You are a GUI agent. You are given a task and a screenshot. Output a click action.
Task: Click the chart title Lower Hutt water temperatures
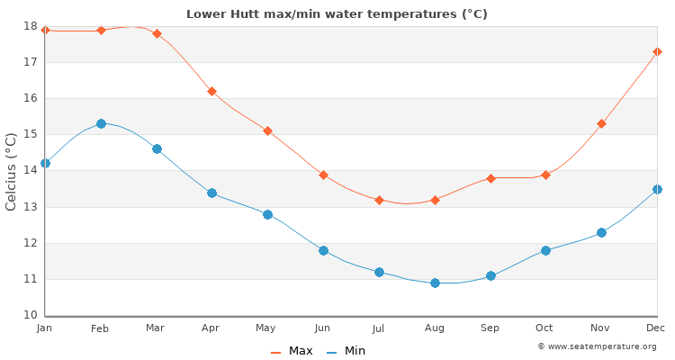(x=337, y=13)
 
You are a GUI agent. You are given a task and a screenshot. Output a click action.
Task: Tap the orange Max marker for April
(x=211, y=91)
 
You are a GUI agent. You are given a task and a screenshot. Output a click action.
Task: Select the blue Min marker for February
(x=101, y=123)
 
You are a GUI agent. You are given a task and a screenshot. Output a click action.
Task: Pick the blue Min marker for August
(x=435, y=283)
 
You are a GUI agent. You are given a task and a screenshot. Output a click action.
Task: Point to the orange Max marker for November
(x=601, y=123)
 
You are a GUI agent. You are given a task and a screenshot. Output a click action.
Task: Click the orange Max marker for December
(x=657, y=51)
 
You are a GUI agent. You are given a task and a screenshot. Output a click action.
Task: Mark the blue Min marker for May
(x=267, y=214)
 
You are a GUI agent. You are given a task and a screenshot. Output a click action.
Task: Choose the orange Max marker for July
(x=379, y=200)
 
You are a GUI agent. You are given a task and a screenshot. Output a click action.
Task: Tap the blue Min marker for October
(x=545, y=250)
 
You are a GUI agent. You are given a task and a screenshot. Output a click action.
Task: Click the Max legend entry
(x=292, y=351)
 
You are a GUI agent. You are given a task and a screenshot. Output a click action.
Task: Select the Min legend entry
(x=346, y=351)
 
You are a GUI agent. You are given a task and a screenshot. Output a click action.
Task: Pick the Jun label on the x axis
(x=322, y=328)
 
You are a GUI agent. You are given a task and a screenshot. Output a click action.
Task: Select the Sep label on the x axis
(x=490, y=328)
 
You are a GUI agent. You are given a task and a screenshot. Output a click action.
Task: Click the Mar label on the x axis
(x=156, y=328)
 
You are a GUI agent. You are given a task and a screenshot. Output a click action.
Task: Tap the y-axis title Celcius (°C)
(x=12, y=171)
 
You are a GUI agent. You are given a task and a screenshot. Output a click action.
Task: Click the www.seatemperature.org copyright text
(x=597, y=346)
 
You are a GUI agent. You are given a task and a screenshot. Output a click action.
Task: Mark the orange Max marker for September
(x=490, y=178)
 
